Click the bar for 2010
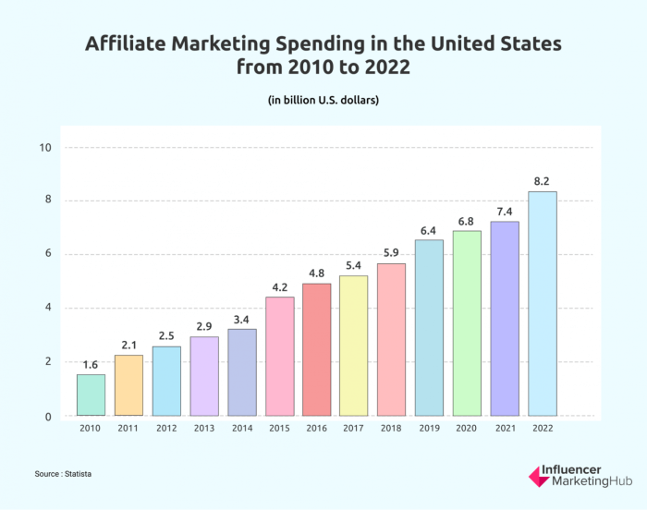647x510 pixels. point(91,395)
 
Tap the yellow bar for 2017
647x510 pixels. point(354,346)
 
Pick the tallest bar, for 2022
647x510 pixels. point(543,304)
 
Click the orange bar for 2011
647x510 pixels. point(128,385)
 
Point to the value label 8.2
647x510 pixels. point(543,181)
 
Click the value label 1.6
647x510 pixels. point(91,364)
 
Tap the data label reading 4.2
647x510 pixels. point(279,286)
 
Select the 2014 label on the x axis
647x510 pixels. point(241,430)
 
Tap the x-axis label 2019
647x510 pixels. point(429,430)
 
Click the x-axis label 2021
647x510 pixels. point(505,430)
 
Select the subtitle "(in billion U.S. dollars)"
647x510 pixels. point(323,99)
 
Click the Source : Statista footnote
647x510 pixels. point(64,473)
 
